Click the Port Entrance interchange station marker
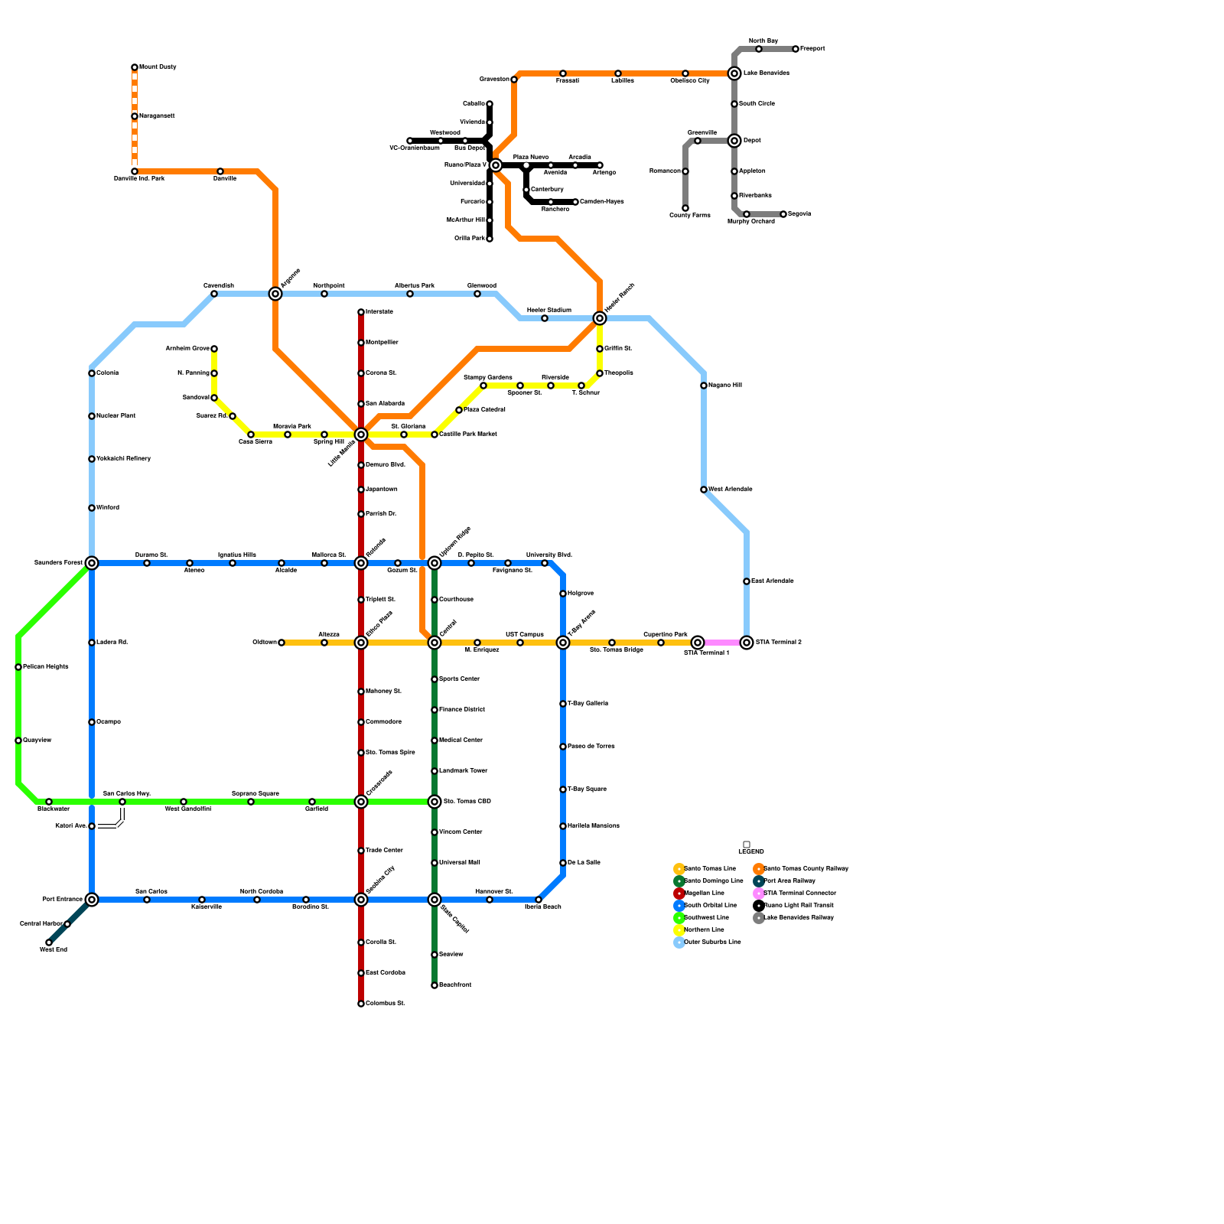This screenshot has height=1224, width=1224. click(x=92, y=900)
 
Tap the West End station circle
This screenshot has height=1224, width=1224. click(x=49, y=942)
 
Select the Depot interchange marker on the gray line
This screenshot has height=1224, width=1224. click(x=734, y=141)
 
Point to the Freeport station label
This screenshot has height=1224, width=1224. click(x=812, y=49)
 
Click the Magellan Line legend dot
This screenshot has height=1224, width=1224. click(x=679, y=894)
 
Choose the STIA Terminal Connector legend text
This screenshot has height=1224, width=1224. click(x=799, y=894)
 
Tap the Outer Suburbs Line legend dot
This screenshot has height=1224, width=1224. click(x=679, y=942)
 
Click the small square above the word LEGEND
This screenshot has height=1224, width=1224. click(x=747, y=845)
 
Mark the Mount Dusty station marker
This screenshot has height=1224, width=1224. click(x=135, y=67)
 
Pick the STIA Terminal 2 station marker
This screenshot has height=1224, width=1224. click(x=747, y=643)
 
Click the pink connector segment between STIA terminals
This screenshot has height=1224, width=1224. click(x=722, y=643)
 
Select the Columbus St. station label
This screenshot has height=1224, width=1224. click(x=386, y=1004)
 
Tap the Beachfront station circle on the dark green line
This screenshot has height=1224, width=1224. click(x=435, y=985)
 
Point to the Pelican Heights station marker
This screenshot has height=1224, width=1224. click(x=18, y=667)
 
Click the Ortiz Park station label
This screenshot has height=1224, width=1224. click(x=469, y=239)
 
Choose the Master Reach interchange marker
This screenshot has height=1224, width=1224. click(x=600, y=318)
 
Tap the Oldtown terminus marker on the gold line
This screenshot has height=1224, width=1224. click(x=282, y=643)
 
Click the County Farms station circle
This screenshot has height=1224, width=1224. click(x=685, y=208)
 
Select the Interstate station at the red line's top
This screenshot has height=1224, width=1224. click(x=361, y=312)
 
